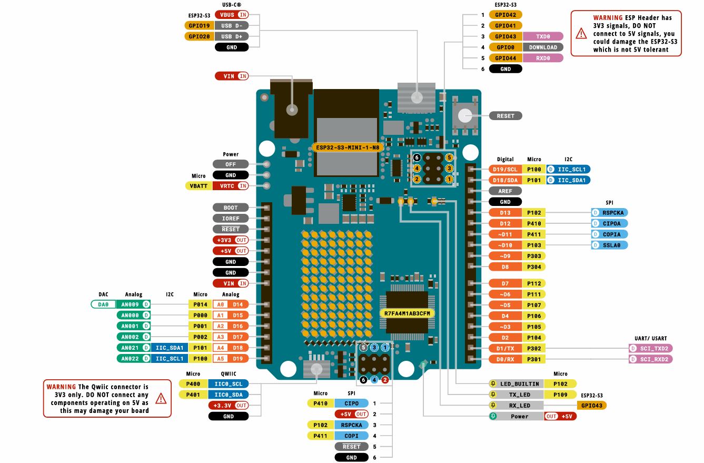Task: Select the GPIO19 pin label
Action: click(x=200, y=25)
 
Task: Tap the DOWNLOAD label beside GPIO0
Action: click(x=543, y=47)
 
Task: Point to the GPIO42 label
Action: click(x=505, y=15)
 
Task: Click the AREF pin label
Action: click(x=505, y=191)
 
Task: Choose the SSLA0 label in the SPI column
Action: click(x=610, y=245)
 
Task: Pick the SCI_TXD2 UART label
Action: click(x=651, y=348)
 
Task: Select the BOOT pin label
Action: click(x=231, y=208)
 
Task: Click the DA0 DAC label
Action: click(x=103, y=304)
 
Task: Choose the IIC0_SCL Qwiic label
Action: click(x=229, y=383)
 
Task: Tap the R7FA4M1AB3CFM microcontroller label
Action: click(x=407, y=313)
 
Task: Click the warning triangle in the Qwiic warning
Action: click(x=161, y=398)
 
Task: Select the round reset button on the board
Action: click(x=464, y=115)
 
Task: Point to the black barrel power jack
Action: click(x=290, y=109)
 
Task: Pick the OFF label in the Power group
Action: click(x=231, y=164)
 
